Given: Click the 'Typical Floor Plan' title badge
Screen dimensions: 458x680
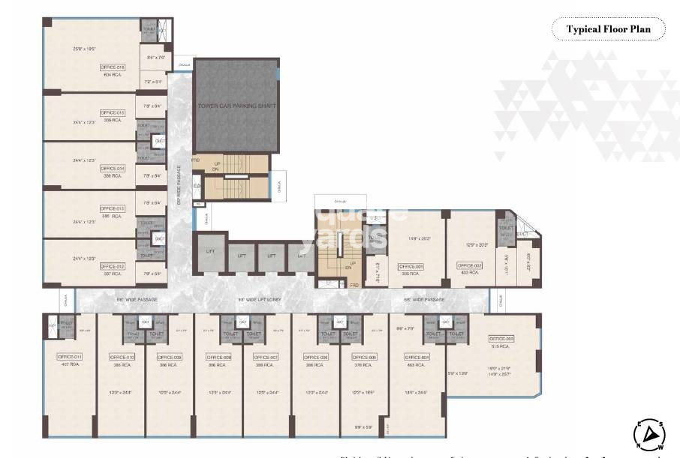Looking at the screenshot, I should tap(609, 29).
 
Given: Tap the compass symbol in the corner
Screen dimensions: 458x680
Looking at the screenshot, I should tap(651, 433).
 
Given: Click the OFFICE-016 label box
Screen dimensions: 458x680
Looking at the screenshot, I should tap(113, 67).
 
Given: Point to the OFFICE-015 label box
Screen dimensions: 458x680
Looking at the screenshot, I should tap(113, 112).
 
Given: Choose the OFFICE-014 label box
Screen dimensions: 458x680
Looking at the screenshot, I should tap(113, 169).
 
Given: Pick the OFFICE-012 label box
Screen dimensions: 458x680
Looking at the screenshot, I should tap(113, 266).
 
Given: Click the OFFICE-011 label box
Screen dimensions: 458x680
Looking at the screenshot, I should tap(70, 357).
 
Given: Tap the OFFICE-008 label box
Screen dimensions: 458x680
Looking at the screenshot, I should tap(218, 358).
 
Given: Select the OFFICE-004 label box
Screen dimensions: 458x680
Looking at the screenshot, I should tap(417, 358).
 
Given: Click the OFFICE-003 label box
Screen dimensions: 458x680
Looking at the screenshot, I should tap(501, 339).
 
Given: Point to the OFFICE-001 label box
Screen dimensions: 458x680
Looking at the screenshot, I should tap(411, 266).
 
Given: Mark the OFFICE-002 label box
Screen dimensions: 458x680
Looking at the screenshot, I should tap(470, 266).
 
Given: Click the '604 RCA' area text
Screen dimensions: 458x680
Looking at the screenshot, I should tap(113, 74).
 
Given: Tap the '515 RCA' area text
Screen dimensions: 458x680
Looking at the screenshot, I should tap(501, 346).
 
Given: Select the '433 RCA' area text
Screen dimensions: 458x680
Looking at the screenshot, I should tap(470, 273).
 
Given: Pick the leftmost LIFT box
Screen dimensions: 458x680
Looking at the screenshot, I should tap(210, 251).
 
